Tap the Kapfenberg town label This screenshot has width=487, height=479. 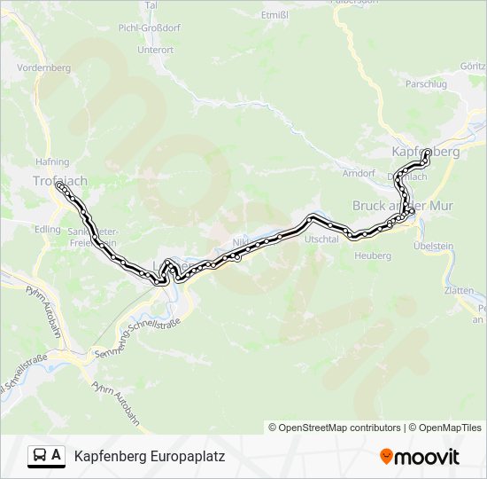pyautogui.click(x=426, y=152)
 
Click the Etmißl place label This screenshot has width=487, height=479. pyautogui.click(x=275, y=15)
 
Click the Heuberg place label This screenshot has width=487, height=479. pyautogui.click(x=373, y=255)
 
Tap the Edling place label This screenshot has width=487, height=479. pyautogui.click(x=47, y=229)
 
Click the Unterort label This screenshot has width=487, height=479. pyautogui.click(x=155, y=51)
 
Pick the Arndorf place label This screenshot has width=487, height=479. pyautogui.click(x=359, y=173)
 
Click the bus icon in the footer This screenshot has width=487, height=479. pyautogui.click(x=39, y=456)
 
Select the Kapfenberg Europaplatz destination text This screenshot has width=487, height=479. pyautogui.click(x=150, y=457)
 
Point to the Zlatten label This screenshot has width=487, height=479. pyautogui.click(x=460, y=290)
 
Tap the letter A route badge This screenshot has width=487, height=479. pyautogui.click(x=57, y=456)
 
